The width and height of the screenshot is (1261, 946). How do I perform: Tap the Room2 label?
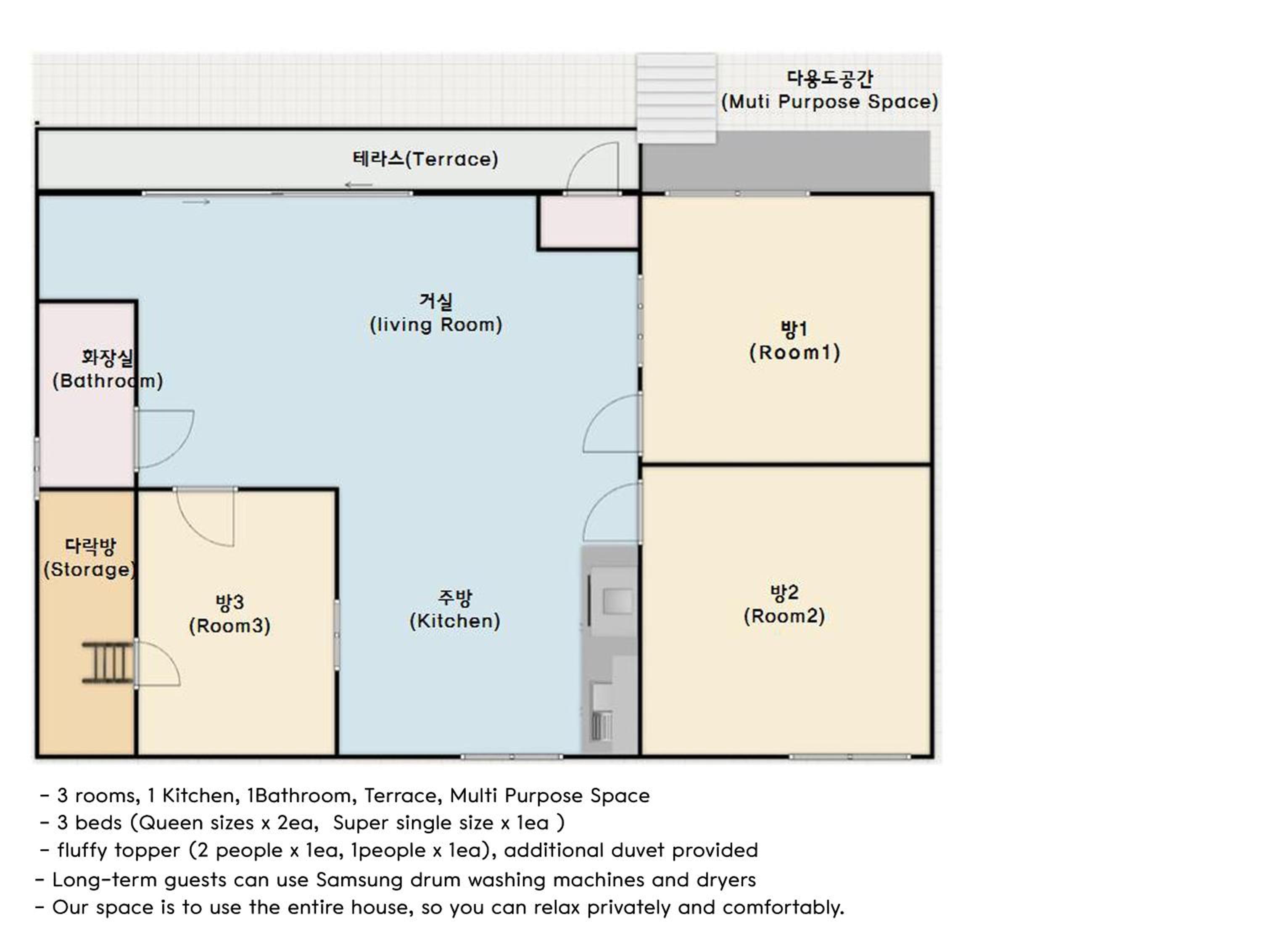[784, 605]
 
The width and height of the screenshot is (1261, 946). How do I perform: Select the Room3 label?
[230, 614]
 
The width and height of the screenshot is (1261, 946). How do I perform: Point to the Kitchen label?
[455, 610]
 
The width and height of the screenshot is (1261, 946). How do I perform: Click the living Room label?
[436, 313]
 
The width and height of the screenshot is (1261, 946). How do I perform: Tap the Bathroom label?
[108, 370]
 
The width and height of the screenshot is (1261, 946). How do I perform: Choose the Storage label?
[90, 558]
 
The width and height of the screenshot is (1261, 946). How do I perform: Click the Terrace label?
[425, 159]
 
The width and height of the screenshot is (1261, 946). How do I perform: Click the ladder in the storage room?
[108, 662]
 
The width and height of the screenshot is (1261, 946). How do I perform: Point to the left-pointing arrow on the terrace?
[359, 185]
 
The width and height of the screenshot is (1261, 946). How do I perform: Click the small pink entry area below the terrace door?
[589, 222]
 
